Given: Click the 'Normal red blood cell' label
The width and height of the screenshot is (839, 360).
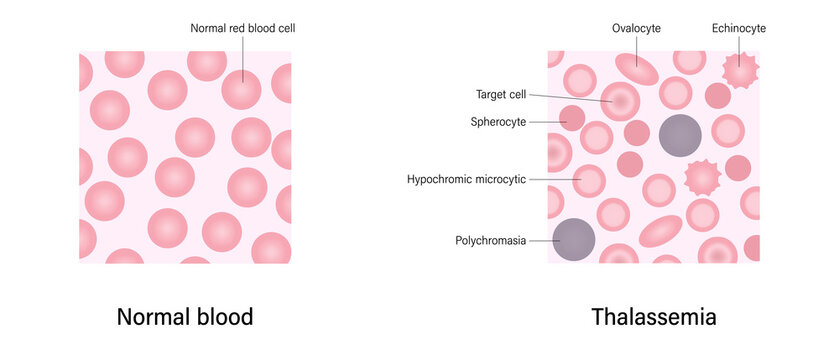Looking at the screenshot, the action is [242, 29].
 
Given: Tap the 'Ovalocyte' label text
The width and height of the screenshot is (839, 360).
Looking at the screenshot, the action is [637, 29].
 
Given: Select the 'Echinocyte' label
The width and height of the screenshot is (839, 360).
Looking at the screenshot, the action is [739, 29].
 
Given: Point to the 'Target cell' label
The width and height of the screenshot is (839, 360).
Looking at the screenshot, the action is [501, 95].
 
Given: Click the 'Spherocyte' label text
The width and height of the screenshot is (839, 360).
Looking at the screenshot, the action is [498, 122].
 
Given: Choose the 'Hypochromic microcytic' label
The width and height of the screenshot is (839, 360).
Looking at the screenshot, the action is [466, 180].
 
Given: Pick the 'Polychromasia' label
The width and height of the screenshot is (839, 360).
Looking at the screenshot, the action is [492, 240].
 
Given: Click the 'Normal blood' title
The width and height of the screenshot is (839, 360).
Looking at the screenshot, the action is [185, 318].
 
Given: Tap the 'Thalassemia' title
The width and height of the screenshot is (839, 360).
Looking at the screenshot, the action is [654, 318].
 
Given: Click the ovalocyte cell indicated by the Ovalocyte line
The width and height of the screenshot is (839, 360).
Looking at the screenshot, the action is [637, 69].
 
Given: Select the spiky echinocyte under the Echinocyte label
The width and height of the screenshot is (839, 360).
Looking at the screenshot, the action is [741, 71].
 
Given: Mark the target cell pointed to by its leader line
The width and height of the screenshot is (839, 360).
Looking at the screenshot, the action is [620, 101].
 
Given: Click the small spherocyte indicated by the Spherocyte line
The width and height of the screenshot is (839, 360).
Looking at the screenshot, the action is [572, 119].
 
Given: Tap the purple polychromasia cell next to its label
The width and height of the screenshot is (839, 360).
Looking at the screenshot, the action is [574, 239].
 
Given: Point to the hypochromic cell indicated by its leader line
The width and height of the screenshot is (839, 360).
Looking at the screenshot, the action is [589, 181].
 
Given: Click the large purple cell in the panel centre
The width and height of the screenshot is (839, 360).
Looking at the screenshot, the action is [681, 135].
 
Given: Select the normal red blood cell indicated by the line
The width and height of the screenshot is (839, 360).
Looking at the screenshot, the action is [242, 89].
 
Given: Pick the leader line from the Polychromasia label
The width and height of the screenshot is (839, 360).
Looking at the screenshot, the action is [542, 240].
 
